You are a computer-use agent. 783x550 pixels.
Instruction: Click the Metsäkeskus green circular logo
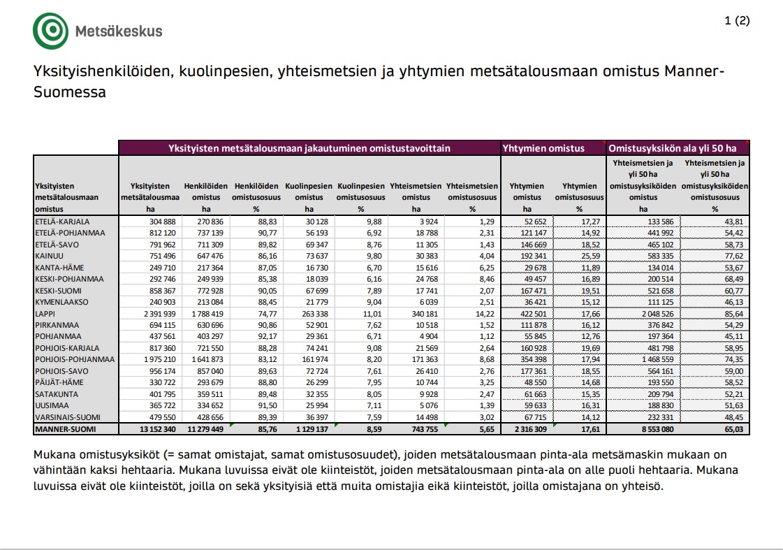[51, 31]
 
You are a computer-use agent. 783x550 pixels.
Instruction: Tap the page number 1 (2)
[737, 20]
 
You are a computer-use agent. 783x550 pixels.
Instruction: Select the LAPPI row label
[45, 313]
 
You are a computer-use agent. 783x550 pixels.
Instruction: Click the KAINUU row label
[49, 256]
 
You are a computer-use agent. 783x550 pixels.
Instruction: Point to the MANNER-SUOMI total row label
[65, 428]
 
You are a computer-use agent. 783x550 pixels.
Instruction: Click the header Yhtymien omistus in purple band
[543, 148]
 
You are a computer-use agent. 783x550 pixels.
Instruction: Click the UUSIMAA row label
[52, 405]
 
